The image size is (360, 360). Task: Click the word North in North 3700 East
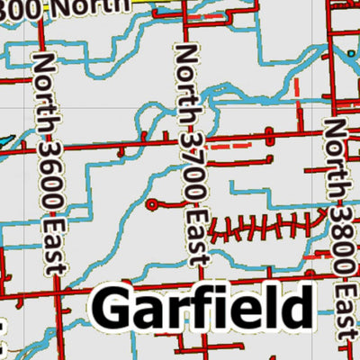[x=186, y=75]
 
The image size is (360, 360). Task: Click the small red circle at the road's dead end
[x=151, y=205]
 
